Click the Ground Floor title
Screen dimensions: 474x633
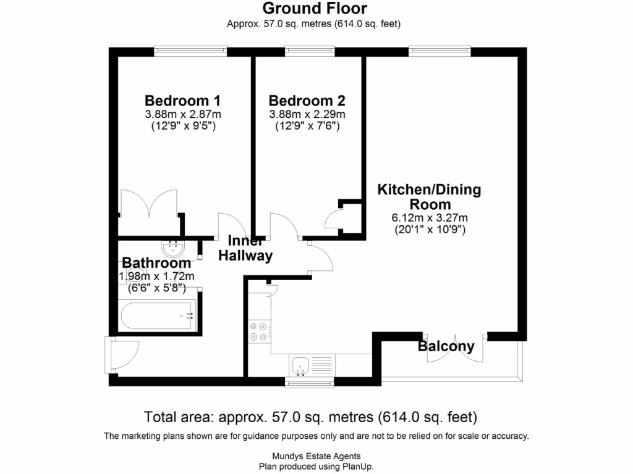(x=315, y=9)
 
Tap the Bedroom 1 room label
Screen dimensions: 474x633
(x=182, y=101)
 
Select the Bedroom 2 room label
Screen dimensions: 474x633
(x=307, y=101)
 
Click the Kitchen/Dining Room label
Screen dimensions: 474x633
(x=429, y=196)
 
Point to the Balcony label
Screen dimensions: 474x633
(x=446, y=346)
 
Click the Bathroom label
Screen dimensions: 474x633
(x=156, y=263)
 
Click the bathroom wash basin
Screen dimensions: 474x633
(x=172, y=249)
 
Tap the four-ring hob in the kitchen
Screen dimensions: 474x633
(x=258, y=331)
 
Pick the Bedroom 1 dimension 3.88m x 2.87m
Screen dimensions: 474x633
(x=183, y=114)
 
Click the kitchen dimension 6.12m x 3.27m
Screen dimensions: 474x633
(x=429, y=217)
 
